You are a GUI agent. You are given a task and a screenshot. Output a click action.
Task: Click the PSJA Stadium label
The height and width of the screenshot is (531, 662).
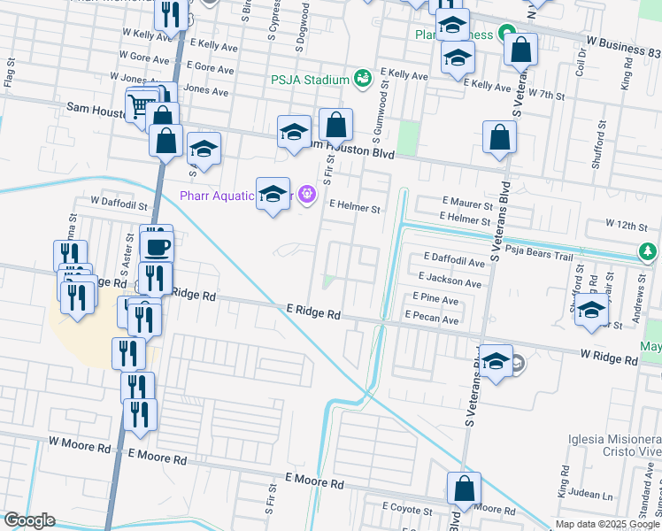tap(311, 81)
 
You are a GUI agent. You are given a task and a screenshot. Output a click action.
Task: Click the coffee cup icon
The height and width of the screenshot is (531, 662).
tap(158, 246)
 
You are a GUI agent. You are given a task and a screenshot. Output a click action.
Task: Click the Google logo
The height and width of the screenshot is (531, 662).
tap(29, 520)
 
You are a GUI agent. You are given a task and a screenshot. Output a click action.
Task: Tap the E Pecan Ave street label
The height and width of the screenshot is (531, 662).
tap(432, 316)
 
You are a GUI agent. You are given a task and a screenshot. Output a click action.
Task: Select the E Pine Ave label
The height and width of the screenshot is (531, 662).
tap(435, 300)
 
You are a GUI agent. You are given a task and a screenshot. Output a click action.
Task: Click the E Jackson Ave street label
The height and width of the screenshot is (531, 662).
tap(452, 283)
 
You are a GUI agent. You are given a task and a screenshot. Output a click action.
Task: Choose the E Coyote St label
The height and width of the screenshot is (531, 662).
tap(407, 510)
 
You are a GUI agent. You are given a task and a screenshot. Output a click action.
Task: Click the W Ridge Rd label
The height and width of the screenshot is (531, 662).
tap(609, 359)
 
